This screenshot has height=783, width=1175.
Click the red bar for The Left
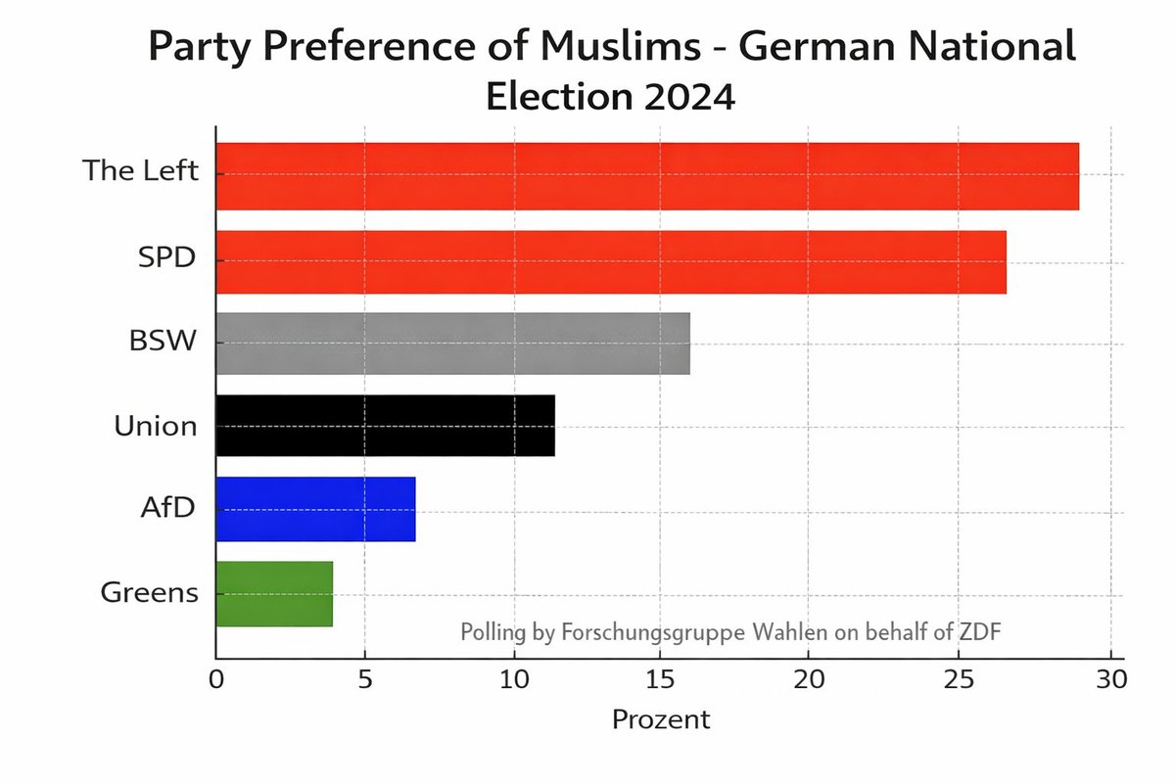click(646, 176)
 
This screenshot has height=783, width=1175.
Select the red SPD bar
click(610, 261)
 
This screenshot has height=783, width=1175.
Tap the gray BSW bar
click(452, 344)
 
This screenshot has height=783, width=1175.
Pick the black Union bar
click(385, 426)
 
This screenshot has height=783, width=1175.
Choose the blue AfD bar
click(315, 509)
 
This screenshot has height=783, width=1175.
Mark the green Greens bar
click(274, 593)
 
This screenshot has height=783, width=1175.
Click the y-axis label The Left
click(141, 171)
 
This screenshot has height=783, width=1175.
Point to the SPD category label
click(167, 259)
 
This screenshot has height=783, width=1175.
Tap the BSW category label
click(164, 343)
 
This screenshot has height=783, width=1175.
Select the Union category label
click(156, 426)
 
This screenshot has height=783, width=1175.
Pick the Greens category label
click(149, 593)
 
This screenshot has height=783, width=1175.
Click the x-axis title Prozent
click(661, 720)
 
